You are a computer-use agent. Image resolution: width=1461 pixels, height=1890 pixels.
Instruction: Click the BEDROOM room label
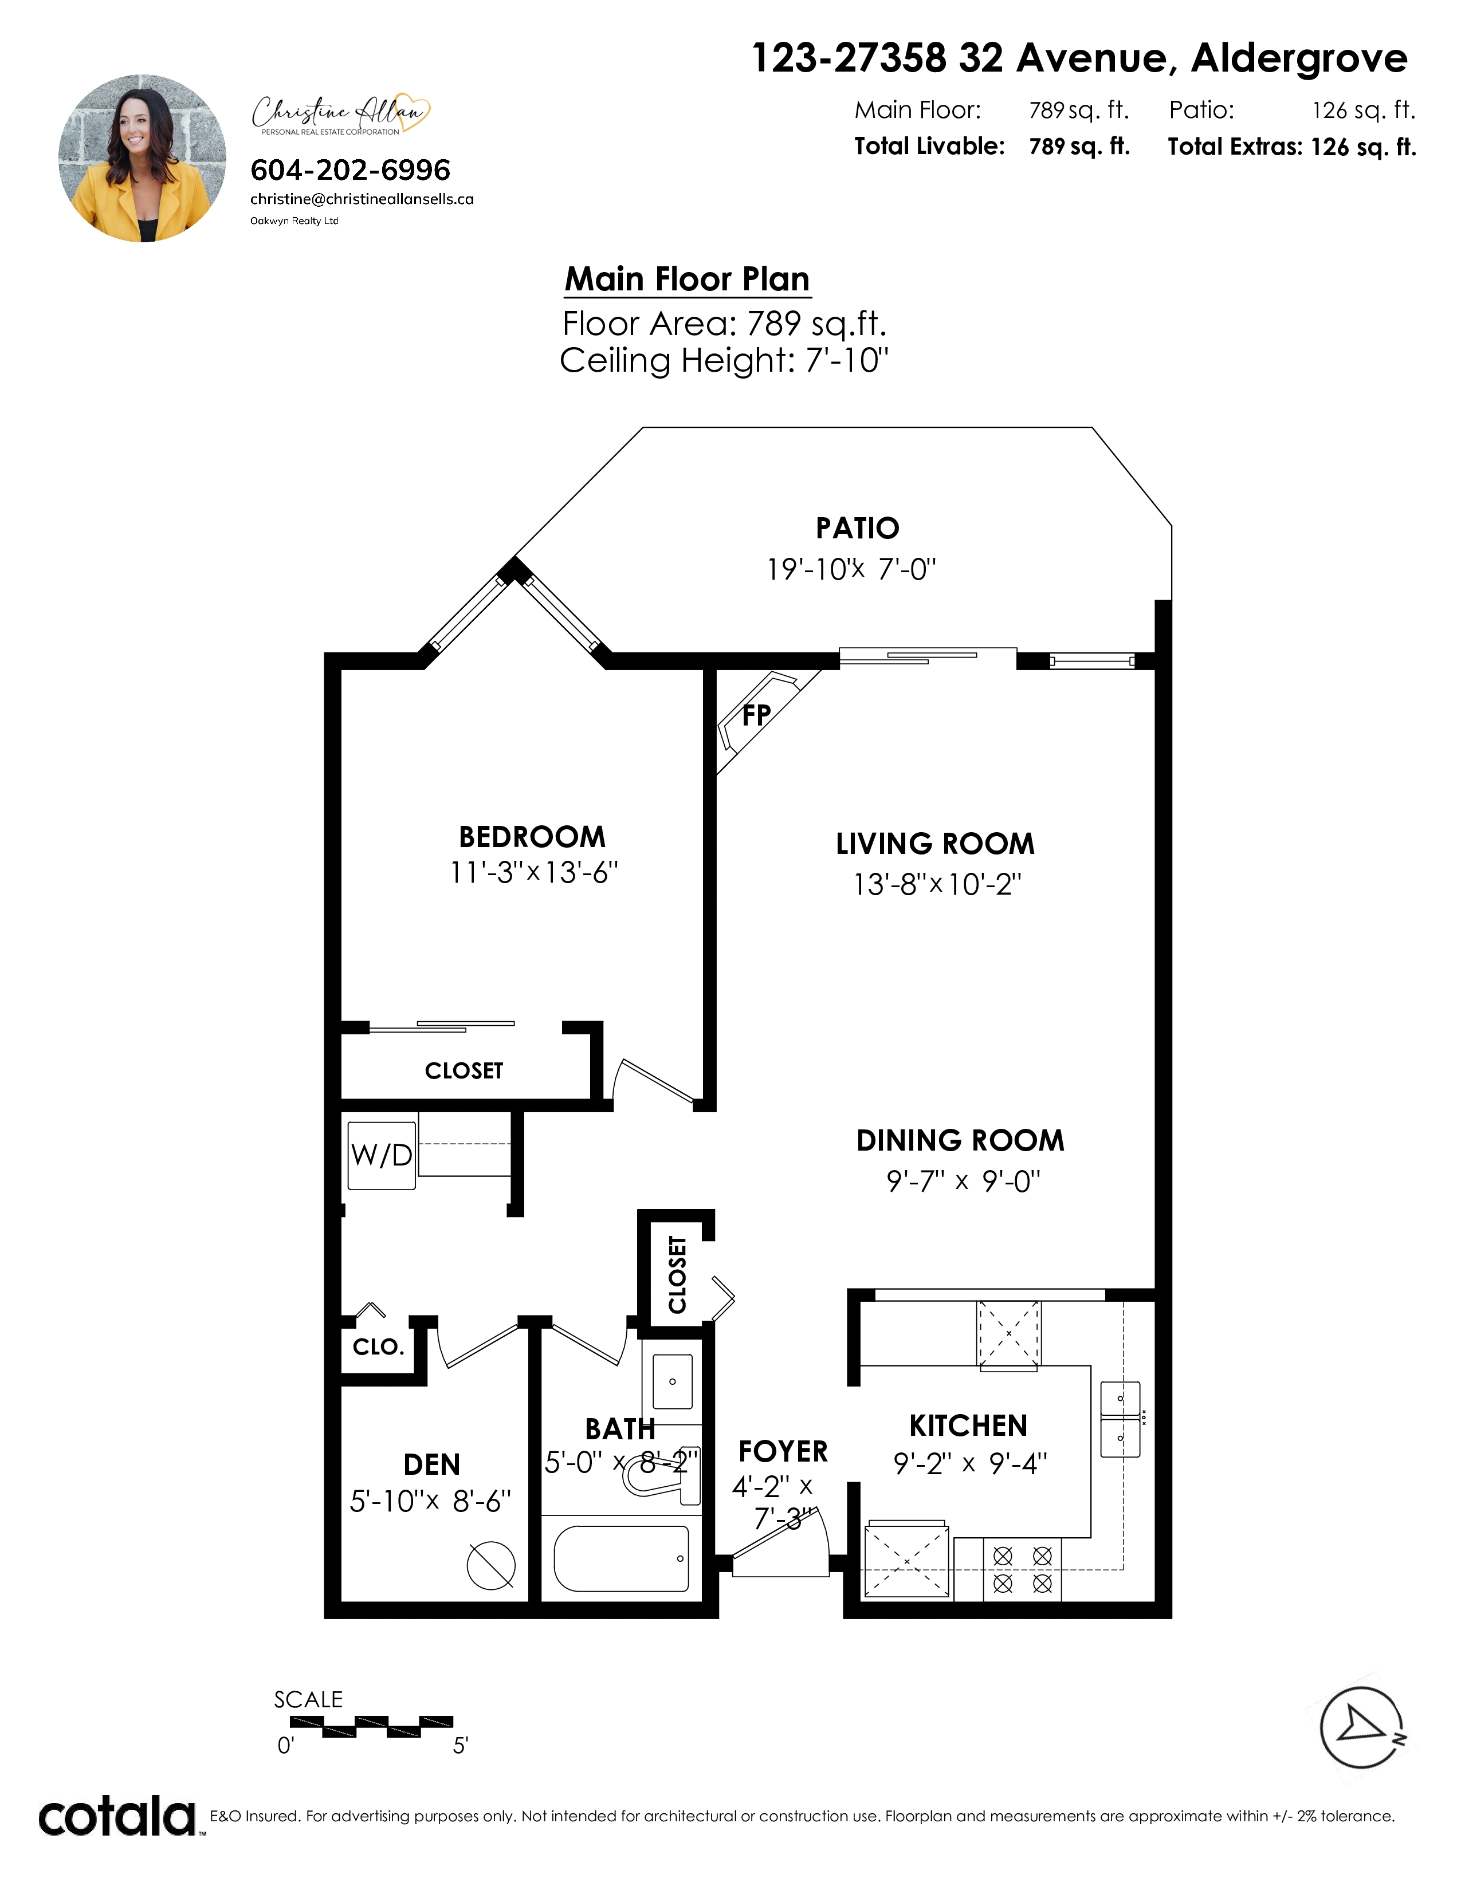pyautogui.click(x=532, y=837)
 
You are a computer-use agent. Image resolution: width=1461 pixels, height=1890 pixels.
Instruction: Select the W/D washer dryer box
pyautogui.click(x=382, y=1155)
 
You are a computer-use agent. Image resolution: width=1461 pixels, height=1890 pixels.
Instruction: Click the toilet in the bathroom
pyautogui.click(x=662, y=1476)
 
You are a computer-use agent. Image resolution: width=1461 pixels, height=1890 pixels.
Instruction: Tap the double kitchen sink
pyautogui.click(x=1120, y=1419)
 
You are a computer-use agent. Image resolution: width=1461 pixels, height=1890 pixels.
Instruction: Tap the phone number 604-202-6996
pyautogui.click(x=351, y=170)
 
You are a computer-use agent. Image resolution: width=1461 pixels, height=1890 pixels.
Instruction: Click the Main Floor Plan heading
pyautogui.click(x=687, y=279)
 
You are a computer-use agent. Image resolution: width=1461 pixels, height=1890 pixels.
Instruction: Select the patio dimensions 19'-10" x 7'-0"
pyautogui.click(x=851, y=569)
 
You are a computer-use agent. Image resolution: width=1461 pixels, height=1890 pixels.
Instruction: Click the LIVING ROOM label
pyautogui.click(x=935, y=844)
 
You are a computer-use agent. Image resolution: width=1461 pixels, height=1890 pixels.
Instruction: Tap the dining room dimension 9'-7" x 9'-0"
pyautogui.click(x=963, y=1181)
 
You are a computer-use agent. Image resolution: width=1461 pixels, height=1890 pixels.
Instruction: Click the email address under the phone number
pyautogui.click(x=362, y=199)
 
